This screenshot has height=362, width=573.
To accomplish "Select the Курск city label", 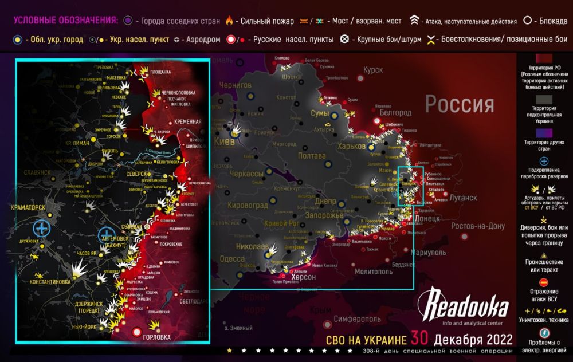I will click(372, 70).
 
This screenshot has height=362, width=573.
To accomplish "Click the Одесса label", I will click(232, 259).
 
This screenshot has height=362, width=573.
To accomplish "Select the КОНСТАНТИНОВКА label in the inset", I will click(50, 282).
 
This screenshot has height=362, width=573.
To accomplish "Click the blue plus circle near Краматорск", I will click(42, 228).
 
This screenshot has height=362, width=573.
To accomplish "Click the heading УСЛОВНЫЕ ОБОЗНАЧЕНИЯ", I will click(66, 21).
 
